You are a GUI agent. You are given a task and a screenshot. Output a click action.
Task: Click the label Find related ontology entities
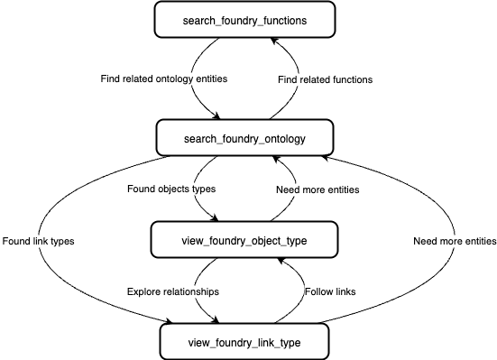[163, 79]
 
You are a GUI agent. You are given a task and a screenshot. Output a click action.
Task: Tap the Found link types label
[39, 241]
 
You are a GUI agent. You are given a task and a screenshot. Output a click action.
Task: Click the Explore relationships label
[171, 291]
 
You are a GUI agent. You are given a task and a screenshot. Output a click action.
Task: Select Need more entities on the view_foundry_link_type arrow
[455, 241]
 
